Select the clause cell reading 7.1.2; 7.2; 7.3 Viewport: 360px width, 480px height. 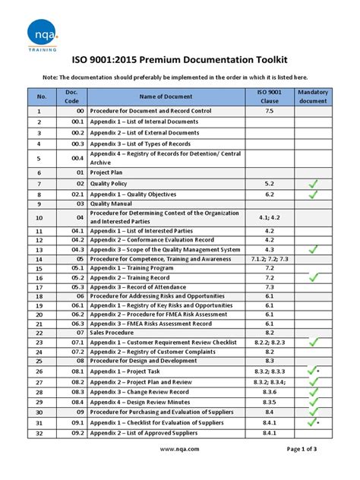click(269, 258)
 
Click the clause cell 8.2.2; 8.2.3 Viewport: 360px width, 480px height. click(269, 342)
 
